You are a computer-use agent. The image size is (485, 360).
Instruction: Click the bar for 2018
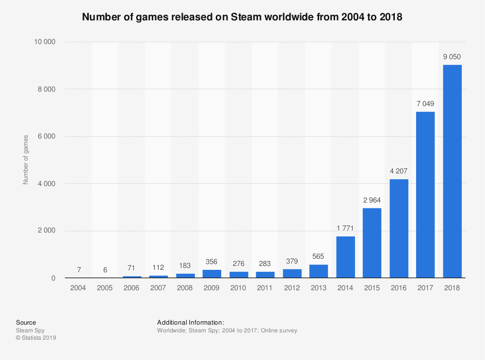tap(452, 172)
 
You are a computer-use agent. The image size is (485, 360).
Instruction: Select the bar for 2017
tap(425, 195)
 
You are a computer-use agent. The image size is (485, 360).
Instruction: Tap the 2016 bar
tap(399, 229)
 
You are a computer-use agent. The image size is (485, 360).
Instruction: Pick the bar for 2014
tap(345, 257)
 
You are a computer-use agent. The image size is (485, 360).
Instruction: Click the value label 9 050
tap(452, 57)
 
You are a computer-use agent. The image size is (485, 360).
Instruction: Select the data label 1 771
tap(345, 228)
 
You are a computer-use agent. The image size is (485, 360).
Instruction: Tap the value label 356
tap(211, 262)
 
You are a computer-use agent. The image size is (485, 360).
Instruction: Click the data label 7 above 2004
tap(78, 269)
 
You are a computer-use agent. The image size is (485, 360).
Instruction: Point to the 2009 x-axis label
tap(211, 287)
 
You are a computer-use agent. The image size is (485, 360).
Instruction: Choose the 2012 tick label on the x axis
tap(292, 287)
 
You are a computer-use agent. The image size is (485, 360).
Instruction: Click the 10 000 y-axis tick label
tap(44, 42)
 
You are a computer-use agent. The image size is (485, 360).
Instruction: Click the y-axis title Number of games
tap(26, 160)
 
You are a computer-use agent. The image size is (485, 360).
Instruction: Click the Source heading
tap(26, 322)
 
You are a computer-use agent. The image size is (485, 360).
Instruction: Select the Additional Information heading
tap(190, 322)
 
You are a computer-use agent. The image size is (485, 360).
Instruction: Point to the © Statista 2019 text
tap(36, 338)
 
